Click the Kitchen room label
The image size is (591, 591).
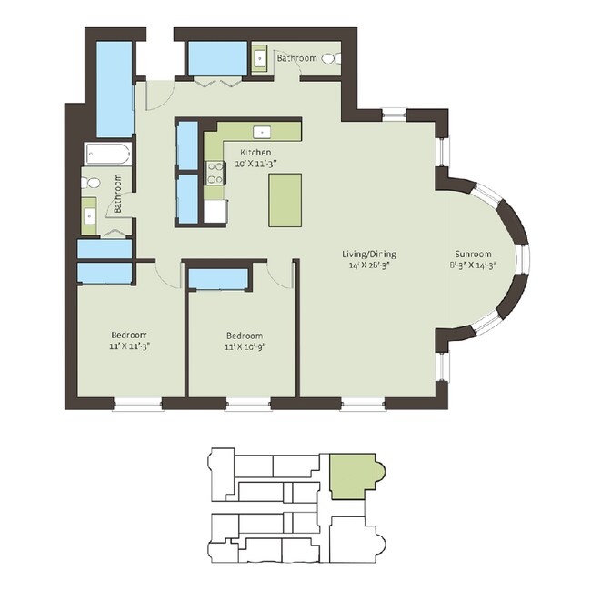click(x=255, y=153)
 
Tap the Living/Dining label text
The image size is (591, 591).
click(x=369, y=254)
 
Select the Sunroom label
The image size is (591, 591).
click(x=473, y=254)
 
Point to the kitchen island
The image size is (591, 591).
click(x=285, y=200)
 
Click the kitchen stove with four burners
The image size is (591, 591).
click(x=215, y=173)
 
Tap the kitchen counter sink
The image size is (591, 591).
click(x=262, y=133)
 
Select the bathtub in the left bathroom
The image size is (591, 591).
click(x=108, y=154)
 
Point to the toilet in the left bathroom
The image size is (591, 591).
click(x=90, y=183)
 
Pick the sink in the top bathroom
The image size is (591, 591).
click(x=260, y=58)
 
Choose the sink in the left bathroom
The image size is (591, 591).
click(x=90, y=216)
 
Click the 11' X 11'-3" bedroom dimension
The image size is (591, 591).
click(x=130, y=346)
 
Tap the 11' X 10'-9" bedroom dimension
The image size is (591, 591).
click(x=245, y=346)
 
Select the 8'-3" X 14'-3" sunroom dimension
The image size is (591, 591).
click(x=473, y=265)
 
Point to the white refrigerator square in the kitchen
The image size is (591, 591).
click(x=215, y=211)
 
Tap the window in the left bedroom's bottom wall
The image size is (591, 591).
click(x=137, y=404)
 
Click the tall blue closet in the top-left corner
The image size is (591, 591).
click(x=115, y=89)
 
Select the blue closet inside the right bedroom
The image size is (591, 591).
click(x=218, y=279)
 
